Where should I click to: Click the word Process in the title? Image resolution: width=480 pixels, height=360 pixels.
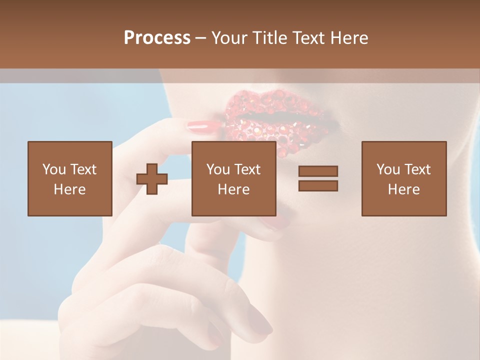pos(157,38)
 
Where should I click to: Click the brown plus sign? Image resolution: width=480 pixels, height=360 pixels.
pos(152,179)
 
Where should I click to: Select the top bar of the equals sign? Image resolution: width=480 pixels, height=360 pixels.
pos(318,171)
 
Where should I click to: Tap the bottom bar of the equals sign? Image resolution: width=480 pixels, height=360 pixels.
pos(318,185)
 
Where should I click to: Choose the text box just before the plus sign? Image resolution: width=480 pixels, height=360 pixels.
pos(69,178)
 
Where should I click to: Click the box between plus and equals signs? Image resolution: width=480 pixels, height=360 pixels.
pos(233,178)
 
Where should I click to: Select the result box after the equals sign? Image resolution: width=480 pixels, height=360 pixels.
pos(403,178)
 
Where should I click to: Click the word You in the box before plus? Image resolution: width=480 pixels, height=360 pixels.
pos(54,169)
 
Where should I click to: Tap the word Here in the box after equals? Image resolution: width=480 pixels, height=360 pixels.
pos(403,189)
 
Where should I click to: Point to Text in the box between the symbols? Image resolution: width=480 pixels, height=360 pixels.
pos(247,169)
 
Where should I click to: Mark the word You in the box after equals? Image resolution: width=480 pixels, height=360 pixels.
pos(388,169)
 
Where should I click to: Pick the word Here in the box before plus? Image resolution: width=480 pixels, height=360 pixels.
pos(69,189)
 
